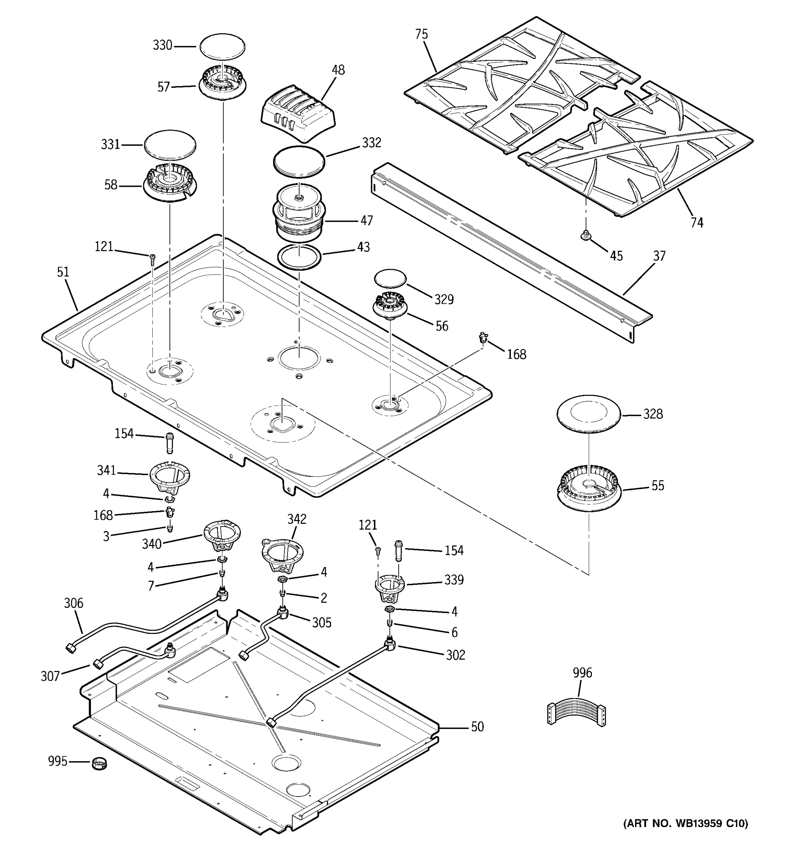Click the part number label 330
click(162, 45)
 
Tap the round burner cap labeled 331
click(170, 145)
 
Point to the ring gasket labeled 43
click(299, 257)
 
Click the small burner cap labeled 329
click(390, 278)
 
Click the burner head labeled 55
click(589, 490)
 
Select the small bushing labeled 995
click(99, 763)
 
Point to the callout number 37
click(659, 256)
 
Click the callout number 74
click(697, 223)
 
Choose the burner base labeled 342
click(282, 554)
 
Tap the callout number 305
click(322, 623)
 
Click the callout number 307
click(50, 676)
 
